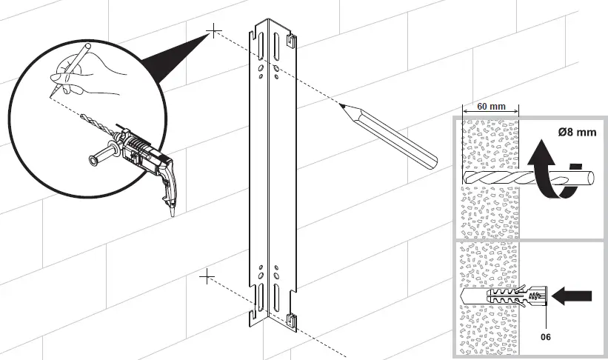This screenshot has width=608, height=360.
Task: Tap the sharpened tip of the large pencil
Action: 342,105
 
